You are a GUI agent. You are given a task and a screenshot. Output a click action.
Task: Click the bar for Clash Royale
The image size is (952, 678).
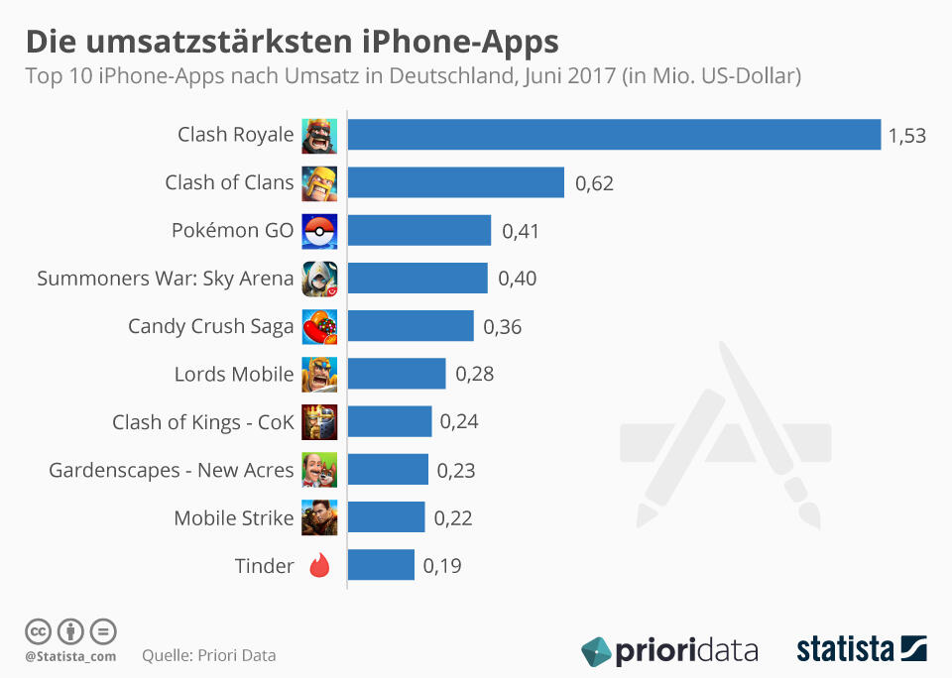point(614,135)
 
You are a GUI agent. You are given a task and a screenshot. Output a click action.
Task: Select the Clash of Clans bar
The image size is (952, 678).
point(455,182)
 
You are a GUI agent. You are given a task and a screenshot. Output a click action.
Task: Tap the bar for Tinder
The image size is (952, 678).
point(381,565)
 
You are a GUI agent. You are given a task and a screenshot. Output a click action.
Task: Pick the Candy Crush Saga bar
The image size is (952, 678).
point(411,326)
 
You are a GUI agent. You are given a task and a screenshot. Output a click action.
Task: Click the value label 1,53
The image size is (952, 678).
point(906,136)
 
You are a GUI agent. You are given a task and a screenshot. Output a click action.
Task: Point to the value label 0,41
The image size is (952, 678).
point(521,231)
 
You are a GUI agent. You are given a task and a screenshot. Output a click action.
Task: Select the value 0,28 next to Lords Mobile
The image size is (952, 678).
point(474,375)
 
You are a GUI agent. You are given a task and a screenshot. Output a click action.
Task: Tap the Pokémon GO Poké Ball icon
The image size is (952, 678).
point(319,231)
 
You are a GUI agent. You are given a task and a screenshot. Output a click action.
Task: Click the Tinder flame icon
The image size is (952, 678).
point(319,566)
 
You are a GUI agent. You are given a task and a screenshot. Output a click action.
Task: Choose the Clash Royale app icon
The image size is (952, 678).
point(319,136)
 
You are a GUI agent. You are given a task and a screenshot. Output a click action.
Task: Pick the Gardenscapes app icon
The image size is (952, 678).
point(319,470)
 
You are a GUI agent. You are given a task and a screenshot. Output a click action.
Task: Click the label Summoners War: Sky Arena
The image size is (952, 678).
point(166,279)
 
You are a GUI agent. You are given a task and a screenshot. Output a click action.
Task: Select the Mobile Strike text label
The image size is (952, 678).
point(234,518)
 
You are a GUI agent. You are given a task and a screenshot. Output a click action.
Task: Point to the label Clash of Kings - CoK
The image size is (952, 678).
point(203,422)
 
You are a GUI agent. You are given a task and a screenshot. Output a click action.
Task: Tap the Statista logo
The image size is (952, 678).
point(861,650)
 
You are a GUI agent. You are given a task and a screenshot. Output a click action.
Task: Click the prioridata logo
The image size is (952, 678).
point(670,651)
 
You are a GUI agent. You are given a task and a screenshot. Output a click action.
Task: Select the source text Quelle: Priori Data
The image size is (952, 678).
point(209,655)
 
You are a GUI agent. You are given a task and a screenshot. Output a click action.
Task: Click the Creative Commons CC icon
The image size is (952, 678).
point(38,630)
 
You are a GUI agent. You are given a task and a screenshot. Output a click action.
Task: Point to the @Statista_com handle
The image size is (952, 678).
point(70,655)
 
